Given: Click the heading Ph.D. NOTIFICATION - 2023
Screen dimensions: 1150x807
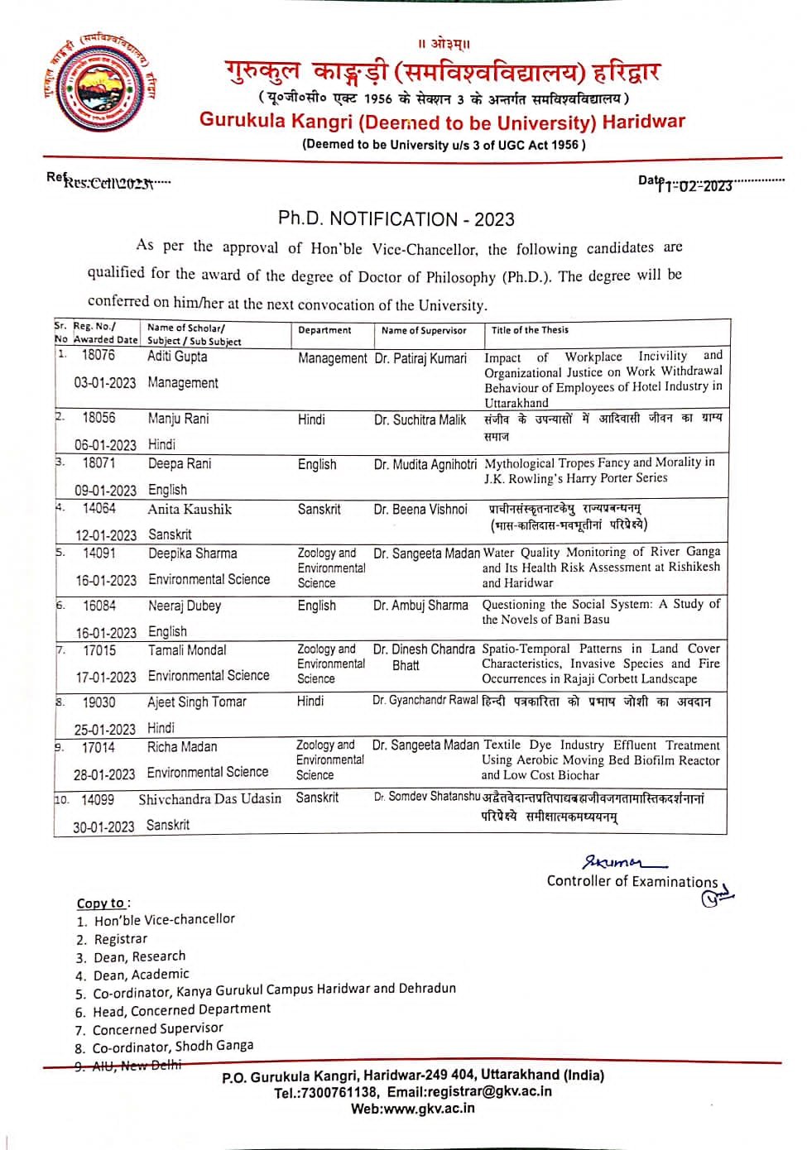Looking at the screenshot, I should (396, 219).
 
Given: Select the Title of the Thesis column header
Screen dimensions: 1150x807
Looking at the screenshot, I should (530, 330).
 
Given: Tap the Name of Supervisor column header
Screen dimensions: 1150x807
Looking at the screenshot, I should (424, 331).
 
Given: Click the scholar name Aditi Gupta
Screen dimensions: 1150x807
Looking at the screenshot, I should (177, 357).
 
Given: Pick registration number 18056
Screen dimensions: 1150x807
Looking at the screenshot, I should (98, 418).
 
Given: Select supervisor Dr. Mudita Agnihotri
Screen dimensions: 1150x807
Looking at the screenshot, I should (425, 464).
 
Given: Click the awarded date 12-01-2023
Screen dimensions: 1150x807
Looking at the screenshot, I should (106, 535).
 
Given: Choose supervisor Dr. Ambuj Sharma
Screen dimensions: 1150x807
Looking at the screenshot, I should (420, 606).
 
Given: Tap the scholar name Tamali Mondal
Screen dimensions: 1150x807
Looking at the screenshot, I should (187, 650).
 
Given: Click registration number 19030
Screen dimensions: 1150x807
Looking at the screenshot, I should (98, 702).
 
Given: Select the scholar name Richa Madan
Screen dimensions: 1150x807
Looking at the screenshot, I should (182, 747).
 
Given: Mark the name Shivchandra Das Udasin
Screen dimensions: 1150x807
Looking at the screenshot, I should (210, 799).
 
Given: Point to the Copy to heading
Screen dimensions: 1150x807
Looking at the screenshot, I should (101, 903).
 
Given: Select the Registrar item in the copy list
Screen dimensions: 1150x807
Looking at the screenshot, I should (120, 939).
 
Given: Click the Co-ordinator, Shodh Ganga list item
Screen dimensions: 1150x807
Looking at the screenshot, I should (172, 1047).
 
